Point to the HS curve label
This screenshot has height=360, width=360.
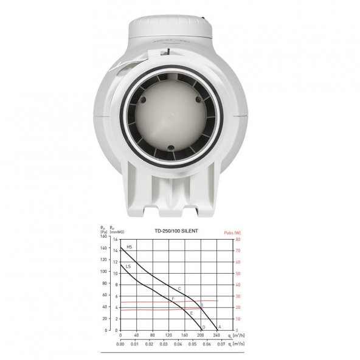point(129,247)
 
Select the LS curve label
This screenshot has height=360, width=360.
point(128,266)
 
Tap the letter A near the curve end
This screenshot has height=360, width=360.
point(219,327)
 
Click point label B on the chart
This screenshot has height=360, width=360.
point(201,305)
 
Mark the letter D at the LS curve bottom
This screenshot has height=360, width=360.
point(203,327)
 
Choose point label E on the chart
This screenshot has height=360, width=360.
point(192,313)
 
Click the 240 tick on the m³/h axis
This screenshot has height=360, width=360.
point(216,335)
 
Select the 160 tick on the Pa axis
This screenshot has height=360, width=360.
point(104,237)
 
